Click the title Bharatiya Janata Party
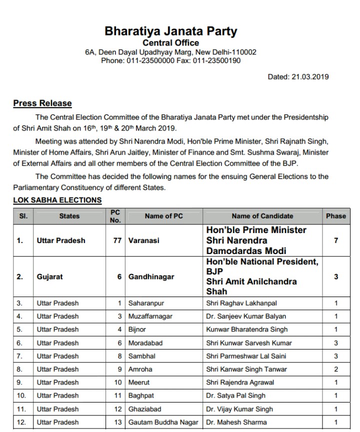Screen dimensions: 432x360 pyautogui.click(x=171, y=31)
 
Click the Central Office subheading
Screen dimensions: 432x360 pyautogui.click(x=171, y=43)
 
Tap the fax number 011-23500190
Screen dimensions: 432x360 pyautogui.click(x=216, y=60)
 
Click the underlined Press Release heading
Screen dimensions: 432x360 pyautogui.click(x=42, y=103)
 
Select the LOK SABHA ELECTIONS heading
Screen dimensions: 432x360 pyautogui.click(x=57, y=200)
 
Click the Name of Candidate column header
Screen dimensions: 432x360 pyautogui.click(x=262, y=216)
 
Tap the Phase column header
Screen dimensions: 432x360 pyautogui.click(x=335, y=216)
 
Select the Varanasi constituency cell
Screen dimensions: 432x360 pyautogui.click(x=144, y=240)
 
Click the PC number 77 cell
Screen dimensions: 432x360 pyautogui.click(x=118, y=240)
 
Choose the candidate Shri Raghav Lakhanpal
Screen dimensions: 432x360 pyautogui.click(x=241, y=303)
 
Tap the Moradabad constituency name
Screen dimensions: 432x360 pyautogui.click(x=145, y=343)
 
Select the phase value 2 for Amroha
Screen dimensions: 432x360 pyautogui.click(x=335, y=369)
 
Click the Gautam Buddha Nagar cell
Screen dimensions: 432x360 pyautogui.click(x=163, y=422)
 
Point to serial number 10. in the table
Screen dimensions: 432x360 pyautogui.click(x=21, y=396)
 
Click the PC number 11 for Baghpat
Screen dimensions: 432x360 pyautogui.click(x=118, y=396)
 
